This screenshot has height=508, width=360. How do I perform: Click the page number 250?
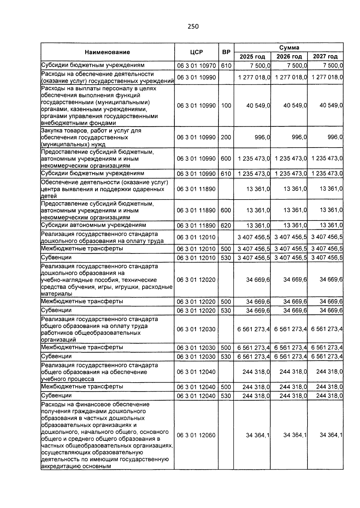click(x=193, y=26)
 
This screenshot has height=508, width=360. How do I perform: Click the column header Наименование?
click(x=107, y=52)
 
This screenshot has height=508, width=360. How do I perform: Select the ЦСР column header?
click(x=196, y=52)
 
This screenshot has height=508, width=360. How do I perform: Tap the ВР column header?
click(x=226, y=52)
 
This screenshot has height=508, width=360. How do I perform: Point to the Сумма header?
click(x=289, y=48)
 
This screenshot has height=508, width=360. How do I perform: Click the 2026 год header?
click(x=289, y=57)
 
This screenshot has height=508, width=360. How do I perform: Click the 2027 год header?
click(x=325, y=57)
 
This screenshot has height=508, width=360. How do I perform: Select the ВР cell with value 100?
click(x=226, y=106)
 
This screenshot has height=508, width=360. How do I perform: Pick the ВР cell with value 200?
click(x=226, y=137)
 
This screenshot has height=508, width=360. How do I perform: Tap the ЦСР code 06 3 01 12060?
click(x=196, y=435)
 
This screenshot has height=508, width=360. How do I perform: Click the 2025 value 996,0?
click(x=262, y=137)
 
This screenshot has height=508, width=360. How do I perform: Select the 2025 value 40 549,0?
click(x=258, y=106)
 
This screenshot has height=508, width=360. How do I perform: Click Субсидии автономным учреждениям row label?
click(x=94, y=225)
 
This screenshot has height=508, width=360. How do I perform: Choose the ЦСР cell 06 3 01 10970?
click(x=196, y=66)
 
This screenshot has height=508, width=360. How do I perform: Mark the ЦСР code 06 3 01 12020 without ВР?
click(x=196, y=280)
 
